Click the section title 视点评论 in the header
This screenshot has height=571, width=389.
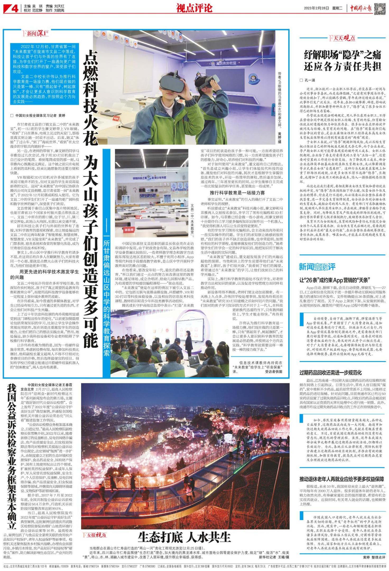(x=194, y=8)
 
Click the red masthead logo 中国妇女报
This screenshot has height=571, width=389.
(x=361, y=8)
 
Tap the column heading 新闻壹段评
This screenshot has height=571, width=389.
(x=317, y=267)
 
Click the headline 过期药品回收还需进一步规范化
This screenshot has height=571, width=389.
(x=330, y=373)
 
